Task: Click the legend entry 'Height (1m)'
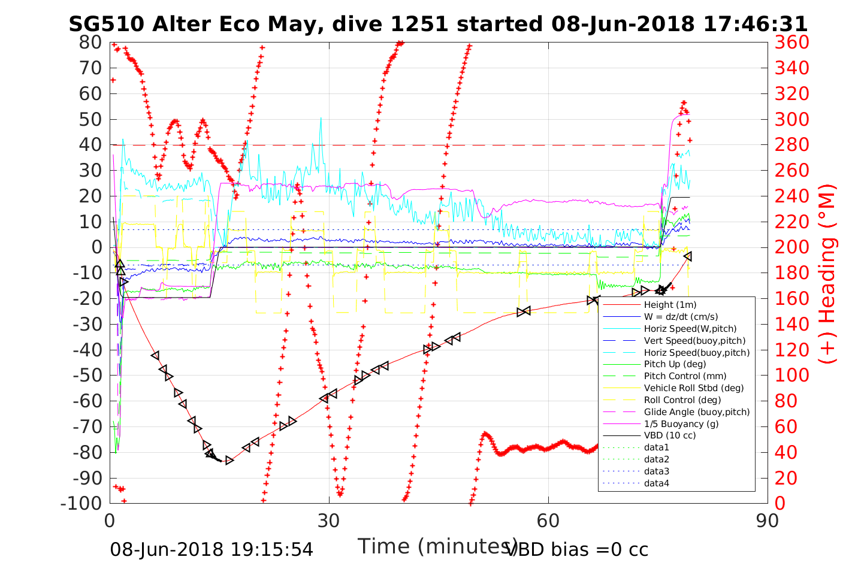(x=670, y=305)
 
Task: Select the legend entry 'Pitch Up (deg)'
(x=675, y=364)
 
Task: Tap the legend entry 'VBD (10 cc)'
(x=670, y=435)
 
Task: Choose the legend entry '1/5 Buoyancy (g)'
(x=681, y=423)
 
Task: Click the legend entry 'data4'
(x=656, y=483)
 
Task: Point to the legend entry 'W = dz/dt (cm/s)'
(x=681, y=317)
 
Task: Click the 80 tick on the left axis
(x=90, y=43)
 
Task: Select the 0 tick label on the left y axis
(x=96, y=247)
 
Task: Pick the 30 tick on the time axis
(x=329, y=520)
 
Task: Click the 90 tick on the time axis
(x=768, y=520)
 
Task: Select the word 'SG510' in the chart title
(x=106, y=24)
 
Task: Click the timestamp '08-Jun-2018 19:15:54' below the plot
(x=212, y=549)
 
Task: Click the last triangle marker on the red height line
(x=688, y=256)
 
